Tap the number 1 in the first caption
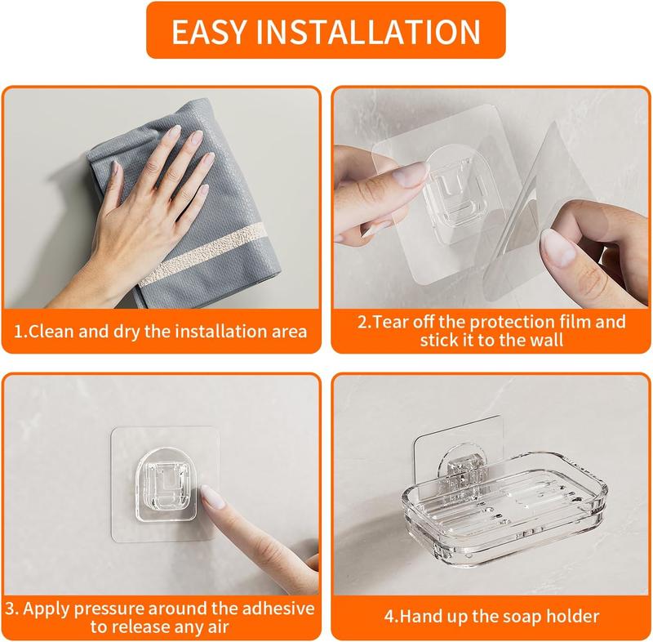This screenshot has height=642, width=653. point(24,332)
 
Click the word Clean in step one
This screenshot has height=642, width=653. point(56,332)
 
